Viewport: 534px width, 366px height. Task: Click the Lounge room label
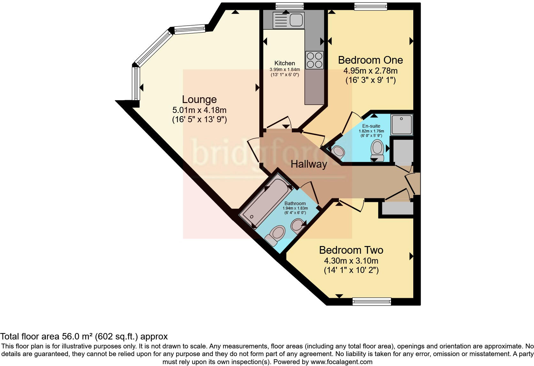tap(199, 99)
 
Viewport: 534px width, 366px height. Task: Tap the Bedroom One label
tap(370, 60)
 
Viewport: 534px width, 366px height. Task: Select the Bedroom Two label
tap(351, 250)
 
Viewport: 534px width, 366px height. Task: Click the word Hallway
tap(309, 164)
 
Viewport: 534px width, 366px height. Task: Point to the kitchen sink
tap(288, 20)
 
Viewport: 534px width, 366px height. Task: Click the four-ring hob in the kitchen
tap(314, 60)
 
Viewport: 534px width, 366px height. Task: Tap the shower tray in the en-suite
tap(402, 124)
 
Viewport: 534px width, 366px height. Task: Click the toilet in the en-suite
tap(377, 150)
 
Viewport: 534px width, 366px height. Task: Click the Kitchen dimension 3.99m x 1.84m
tap(285, 69)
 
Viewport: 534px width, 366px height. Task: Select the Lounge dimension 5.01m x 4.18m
tap(199, 110)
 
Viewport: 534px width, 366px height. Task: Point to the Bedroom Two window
tap(371, 301)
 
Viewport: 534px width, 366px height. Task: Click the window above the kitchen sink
tap(289, 5)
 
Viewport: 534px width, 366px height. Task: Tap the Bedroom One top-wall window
tap(370, 5)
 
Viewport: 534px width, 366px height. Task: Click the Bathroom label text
tap(295, 203)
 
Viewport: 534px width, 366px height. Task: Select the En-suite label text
tap(371, 126)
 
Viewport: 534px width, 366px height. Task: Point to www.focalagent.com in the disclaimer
tap(341, 362)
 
